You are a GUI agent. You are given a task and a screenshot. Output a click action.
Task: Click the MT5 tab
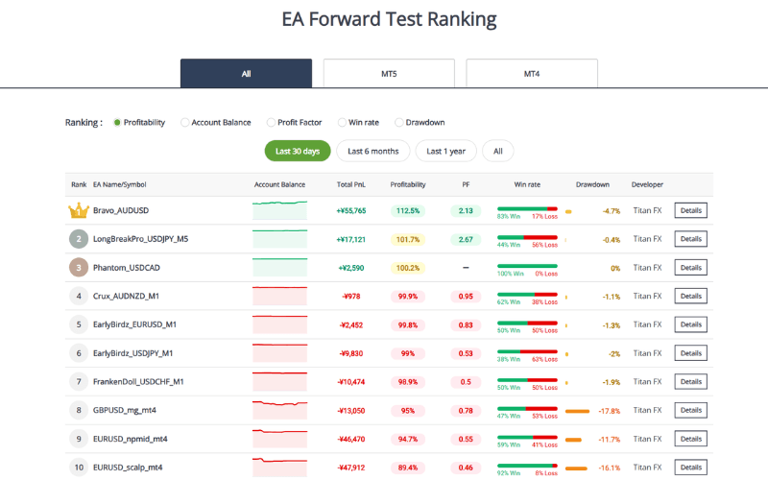tap(389, 73)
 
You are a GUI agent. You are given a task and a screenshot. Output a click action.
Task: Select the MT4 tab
tap(532, 73)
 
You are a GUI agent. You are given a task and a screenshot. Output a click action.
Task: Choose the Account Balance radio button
tap(185, 123)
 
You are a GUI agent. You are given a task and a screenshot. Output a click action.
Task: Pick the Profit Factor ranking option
tap(271, 123)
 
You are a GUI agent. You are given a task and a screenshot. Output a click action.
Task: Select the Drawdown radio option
tap(399, 123)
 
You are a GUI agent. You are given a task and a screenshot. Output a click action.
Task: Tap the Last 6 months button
tap(372, 151)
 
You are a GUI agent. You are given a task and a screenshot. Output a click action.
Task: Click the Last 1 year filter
tap(446, 151)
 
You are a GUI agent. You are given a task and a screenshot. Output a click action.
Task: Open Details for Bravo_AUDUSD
tap(690, 211)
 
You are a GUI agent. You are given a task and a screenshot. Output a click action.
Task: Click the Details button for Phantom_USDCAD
tap(690, 268)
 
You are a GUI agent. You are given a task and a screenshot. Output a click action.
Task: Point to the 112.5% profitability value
tap(408, 211)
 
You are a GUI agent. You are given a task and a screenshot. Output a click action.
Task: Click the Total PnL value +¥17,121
tap(351, 239)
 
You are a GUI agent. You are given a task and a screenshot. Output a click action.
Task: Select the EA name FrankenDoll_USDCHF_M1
tap(138, 382)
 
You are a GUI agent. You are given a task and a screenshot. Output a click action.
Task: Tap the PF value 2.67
tap(466, 239)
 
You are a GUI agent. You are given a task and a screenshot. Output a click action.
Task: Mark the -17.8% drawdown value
tap(610, 411)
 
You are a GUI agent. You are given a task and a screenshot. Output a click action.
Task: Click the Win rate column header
tap(527, 184)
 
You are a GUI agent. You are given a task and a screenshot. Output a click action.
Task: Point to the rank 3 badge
tap(79, 268)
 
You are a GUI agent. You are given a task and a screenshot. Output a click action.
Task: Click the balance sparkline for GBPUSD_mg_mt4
tap(279, 411)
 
